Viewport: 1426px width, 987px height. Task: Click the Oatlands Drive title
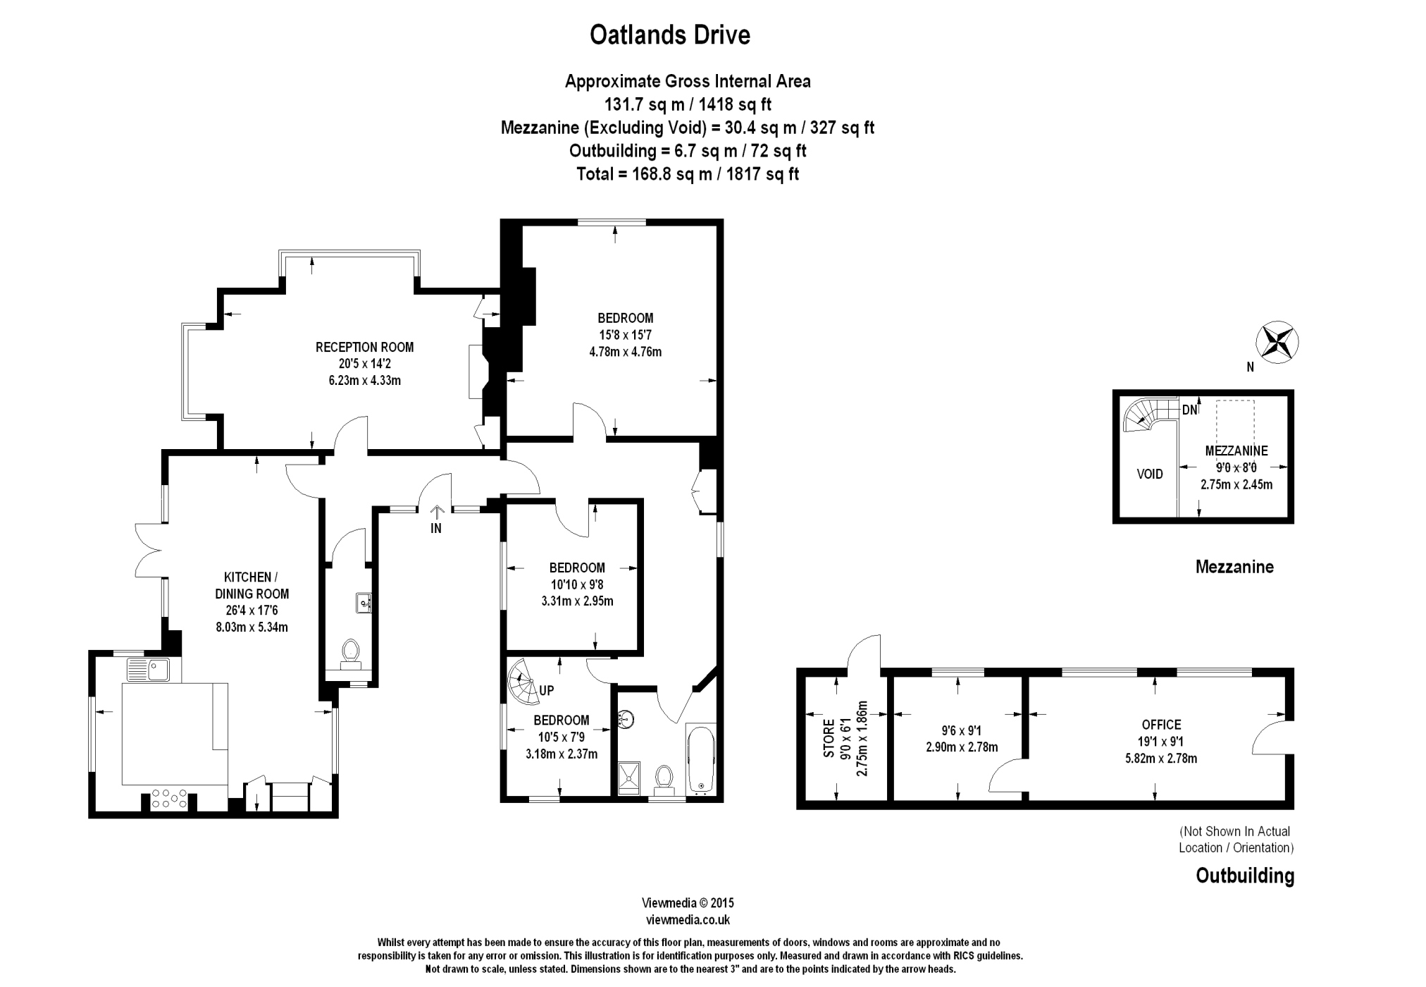point(669,35)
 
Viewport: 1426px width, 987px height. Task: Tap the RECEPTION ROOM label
point(364,347)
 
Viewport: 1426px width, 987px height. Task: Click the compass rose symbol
point(1277,342)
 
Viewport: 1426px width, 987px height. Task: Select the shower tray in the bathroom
point(629,778)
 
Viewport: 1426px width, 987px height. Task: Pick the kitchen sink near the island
point(148,669)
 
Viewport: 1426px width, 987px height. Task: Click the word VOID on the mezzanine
point(1150,474)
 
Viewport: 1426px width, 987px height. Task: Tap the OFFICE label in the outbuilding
point(1161,725)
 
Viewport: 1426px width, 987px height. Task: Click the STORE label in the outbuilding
point(829,738)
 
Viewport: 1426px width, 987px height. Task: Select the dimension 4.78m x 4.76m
point(625,352)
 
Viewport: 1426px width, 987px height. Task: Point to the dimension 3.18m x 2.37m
point(562,754)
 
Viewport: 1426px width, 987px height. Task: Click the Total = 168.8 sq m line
point(687,174)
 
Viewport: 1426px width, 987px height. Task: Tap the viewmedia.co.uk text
point(688,919)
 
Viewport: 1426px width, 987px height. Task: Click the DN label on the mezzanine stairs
point(1189,410)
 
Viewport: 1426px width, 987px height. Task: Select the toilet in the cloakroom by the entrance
point(350,652)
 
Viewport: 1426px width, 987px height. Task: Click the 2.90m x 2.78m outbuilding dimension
point(962,747)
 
